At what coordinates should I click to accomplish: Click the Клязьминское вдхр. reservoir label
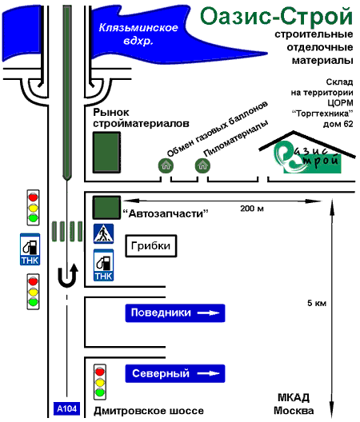click(138, 34)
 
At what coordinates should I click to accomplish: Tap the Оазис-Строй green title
click(277, 17)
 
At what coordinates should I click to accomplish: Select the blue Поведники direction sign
click(175, 313)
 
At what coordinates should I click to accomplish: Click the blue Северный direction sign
click(175, 373)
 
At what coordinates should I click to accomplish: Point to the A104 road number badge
click(66, 409)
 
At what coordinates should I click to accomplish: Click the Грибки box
click(151, 245)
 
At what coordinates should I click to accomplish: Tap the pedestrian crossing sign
click(103, 233)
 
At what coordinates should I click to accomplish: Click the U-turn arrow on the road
click(68, 275)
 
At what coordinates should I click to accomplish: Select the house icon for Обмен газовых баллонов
click(166, 165)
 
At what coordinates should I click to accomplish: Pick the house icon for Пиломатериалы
click(202, 165)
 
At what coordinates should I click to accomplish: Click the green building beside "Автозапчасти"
click(106, 208)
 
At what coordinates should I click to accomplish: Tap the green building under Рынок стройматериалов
click(106, 153)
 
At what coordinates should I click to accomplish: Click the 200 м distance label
click(252, 209)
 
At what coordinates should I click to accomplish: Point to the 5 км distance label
click(317, 303)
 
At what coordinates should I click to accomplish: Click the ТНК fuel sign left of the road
click(30, 249)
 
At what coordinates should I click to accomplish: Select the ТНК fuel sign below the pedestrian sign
click(103, 265)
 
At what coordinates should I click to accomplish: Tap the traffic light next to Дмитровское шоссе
click(100, 382)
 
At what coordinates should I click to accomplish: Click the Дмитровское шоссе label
click(149, 411)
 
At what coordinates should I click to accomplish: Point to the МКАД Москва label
click(294, 404)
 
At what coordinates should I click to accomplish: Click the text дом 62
click(338, 124)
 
